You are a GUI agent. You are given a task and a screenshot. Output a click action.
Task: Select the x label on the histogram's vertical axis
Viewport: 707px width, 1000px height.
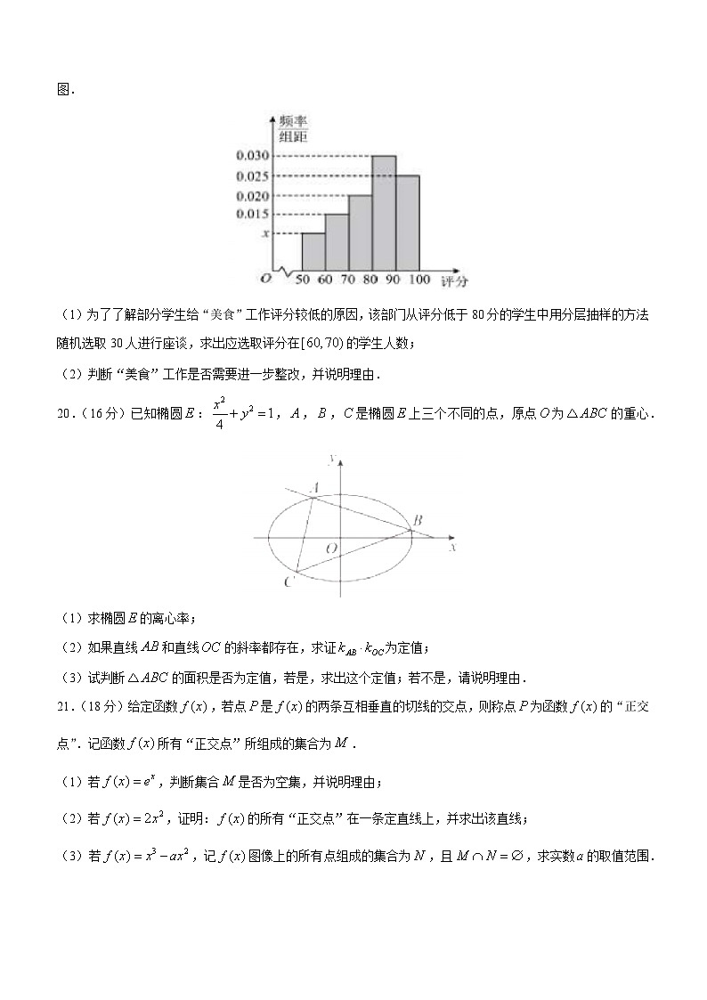(x=264, y=233)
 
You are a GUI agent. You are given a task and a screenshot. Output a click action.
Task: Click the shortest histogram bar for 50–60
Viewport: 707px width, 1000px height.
(x=313, y=252)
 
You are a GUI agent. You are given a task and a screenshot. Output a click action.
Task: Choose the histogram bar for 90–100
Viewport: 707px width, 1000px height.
(x=407, y=223)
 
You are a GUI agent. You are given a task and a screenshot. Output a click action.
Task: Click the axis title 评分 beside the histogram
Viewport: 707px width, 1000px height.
(x=454, y=281)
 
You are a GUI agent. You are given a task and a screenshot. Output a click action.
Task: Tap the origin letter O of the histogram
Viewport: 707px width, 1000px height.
(x=264, y=280)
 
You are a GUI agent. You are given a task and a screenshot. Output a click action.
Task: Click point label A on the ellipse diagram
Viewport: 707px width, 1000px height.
(x=314, y=488)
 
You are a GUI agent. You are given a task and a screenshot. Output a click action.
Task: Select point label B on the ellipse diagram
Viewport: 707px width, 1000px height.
(x=417, y=520)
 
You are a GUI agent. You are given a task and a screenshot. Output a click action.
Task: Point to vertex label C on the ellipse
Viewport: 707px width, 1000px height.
(x=288, y=582)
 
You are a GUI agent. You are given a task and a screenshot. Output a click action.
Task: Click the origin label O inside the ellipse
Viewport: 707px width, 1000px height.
(x=330, y=549)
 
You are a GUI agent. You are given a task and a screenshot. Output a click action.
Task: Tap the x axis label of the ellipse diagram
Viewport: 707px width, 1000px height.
(x=452, y=549)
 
